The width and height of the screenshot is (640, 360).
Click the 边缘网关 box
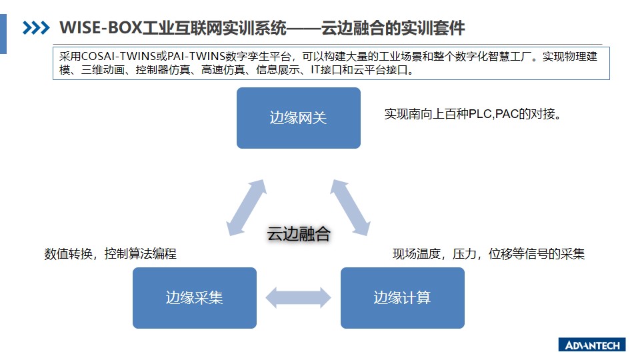click(x=299, y=118)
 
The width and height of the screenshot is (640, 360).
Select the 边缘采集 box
click(x=195, y=298)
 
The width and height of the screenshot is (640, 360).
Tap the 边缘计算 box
click(x=403, y=298)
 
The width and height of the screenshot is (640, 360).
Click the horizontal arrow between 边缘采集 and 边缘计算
click(x=299, y=297)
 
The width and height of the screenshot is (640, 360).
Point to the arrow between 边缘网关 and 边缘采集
click(x=247, y=208)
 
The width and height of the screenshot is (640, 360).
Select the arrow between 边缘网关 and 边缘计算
click(x=350, y=208)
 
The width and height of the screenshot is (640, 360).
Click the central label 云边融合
click(x=299, y=234)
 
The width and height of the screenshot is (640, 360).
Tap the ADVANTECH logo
click(x=592, y=345)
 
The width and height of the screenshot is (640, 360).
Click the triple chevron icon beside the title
click(x=36, y=28)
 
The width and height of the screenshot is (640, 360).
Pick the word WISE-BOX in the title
click(x=101, y=28)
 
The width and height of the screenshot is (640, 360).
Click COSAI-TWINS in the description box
click(x=119, y=56)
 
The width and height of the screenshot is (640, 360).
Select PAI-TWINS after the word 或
click(x=196, y=56)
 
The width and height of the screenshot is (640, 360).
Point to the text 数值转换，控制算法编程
click(x=110, y=254)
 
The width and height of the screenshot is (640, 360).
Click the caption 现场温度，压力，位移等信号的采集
click(x=489, y=254)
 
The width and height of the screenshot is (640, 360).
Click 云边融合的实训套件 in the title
click(x=393, y=28)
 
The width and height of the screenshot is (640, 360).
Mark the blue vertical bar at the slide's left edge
click(x=3, y=34)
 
